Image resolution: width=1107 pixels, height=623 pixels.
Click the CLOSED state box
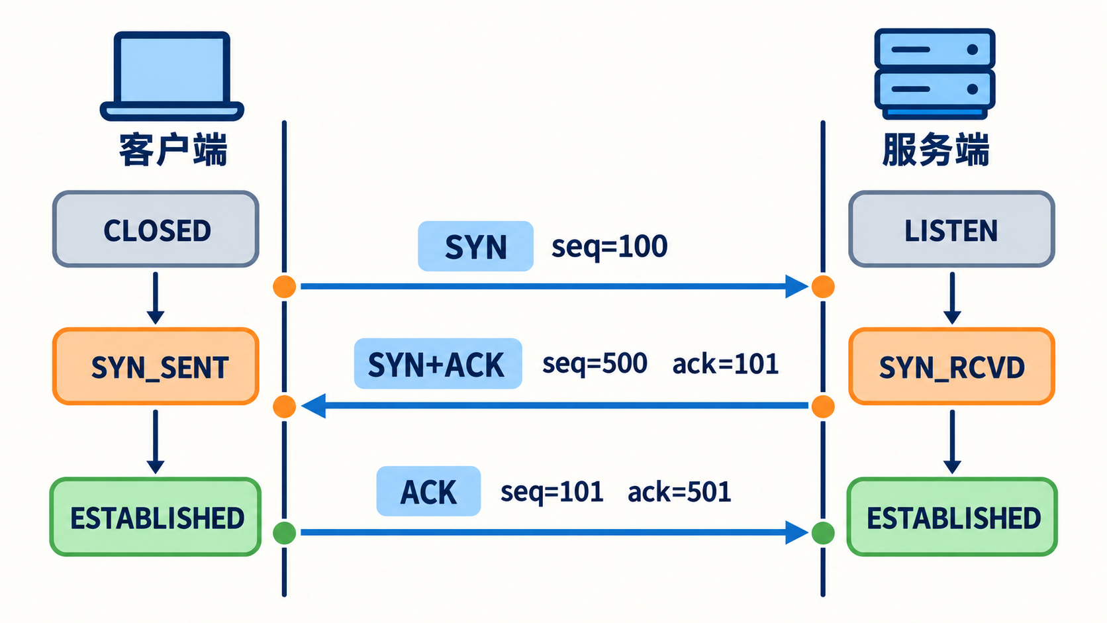coord(156,229)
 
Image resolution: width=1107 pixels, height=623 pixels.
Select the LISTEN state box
coord(952,229)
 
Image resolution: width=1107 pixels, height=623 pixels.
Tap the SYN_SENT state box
coord(156,367)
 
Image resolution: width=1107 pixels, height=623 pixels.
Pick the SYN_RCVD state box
coord(952,367)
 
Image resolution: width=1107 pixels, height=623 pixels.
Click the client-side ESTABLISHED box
coord(156,517)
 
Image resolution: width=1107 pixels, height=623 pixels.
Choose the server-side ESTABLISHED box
coord(952,517)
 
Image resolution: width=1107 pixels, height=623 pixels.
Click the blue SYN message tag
coord(475,246)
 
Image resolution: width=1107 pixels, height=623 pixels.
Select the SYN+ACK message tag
coord(438,363)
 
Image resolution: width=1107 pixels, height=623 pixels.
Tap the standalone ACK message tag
coord(428,491)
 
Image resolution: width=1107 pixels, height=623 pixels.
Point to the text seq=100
coord(609,246)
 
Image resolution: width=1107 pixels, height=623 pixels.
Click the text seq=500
coord(595,364)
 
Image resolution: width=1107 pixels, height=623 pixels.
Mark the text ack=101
coord(726,364)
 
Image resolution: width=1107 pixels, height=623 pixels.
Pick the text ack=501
coord(679,492)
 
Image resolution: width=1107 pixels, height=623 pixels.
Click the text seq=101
coord(552,492)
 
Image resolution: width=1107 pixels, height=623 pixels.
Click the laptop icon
coord(172,76)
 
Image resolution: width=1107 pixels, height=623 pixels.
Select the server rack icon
coord(934,73)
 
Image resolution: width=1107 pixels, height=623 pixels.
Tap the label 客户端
coord(173,149)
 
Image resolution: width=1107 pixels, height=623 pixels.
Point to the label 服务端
coord(936,149)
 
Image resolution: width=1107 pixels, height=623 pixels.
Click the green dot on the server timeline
coord(823,533)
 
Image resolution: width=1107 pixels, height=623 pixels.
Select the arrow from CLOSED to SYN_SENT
coord(155,298)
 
